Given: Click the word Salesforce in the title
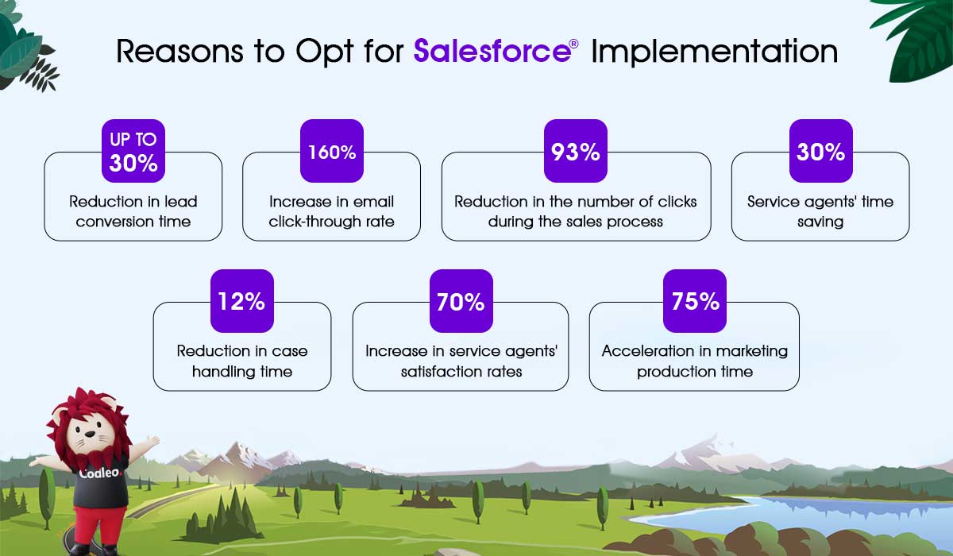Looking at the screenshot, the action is coord(492,51).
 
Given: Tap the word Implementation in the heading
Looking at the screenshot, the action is coord(714,52).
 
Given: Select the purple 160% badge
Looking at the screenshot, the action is coord(332,151).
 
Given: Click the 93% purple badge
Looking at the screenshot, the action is coord(576,151).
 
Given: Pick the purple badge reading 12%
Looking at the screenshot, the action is coord(242,301).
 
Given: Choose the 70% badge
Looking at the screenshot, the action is coord(461,301).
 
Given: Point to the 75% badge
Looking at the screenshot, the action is coord(695,301).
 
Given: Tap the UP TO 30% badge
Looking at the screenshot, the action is coord(133,151).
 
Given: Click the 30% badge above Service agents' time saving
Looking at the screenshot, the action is coord(821,151).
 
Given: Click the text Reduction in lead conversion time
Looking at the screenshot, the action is coord(133,211).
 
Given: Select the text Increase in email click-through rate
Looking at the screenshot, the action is coord(331,211).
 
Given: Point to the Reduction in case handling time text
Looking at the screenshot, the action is coord(242,361).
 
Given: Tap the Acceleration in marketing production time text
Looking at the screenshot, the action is coord(695,361).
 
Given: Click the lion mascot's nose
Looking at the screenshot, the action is coord(90,434).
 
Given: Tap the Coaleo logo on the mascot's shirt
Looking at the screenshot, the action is coord(101,473).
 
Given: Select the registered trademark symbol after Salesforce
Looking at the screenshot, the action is coord(574,44).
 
